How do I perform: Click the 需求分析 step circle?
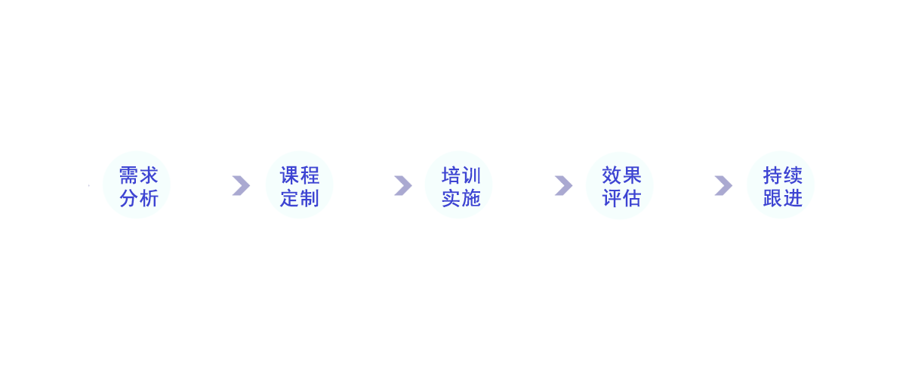[138, 186]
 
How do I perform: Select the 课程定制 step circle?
[299, 186]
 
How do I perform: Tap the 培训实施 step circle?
[461, 186]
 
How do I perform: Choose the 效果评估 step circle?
[621, 186]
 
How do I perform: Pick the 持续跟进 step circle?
[782, 186]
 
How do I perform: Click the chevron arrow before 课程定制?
[241, 185]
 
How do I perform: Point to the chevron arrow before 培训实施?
[402, 185]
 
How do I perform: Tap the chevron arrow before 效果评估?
[563, 185]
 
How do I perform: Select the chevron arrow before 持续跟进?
[723, 185]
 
